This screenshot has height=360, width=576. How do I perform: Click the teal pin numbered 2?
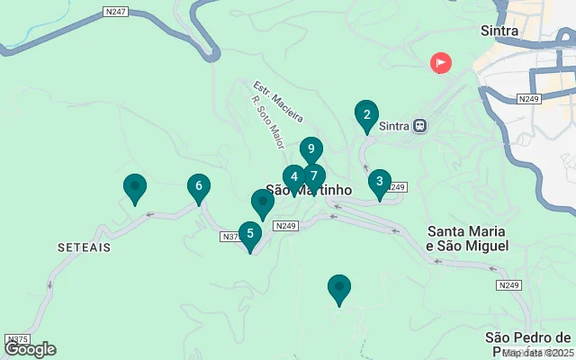click(x=365, y=114)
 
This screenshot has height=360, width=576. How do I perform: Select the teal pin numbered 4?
click(x=294, y=178)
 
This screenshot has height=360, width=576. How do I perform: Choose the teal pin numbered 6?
click(x=198, y=186)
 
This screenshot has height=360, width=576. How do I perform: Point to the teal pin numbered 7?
click(x=312, y=176)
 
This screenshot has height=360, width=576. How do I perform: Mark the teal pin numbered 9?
click(x=310, y=149)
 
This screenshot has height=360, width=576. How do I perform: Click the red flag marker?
click(x=441, y=62)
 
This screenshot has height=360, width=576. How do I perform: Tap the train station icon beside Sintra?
click(x=419, y=126)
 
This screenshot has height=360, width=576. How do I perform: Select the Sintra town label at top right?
click(x=499, y=31)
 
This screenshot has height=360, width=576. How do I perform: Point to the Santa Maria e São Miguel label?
click(x=467, y=238)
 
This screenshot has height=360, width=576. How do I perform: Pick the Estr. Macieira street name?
click(x=277, y=103)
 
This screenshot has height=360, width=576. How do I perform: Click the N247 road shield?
click(x=115, y=13)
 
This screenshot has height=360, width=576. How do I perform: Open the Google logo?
click(x=30, y=349)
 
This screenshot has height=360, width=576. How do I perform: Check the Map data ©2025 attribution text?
click(x=537, y=353)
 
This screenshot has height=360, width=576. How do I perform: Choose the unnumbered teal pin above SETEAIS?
click(x=135, y=187)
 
